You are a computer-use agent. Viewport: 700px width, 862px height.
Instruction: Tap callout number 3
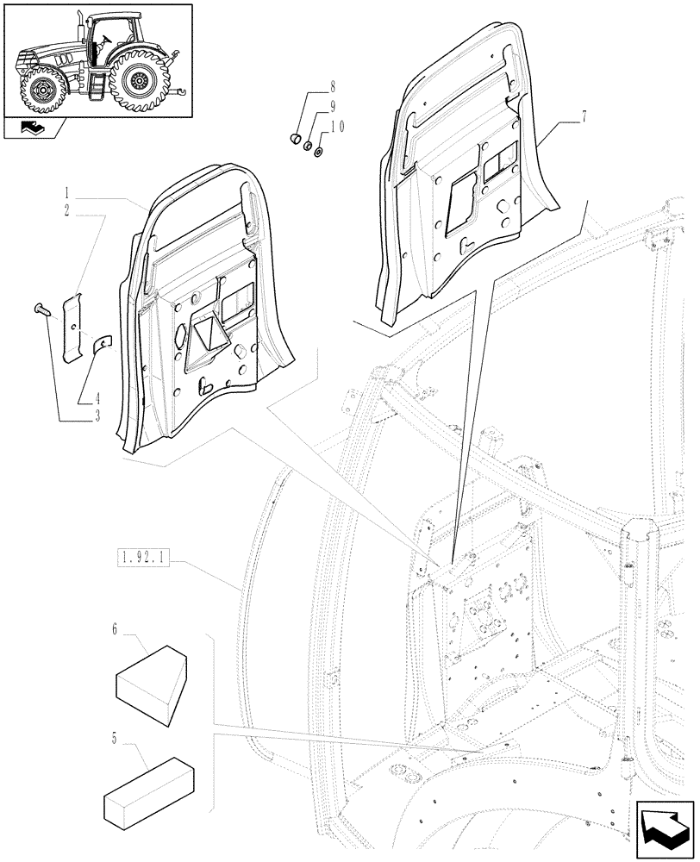tap(97, 416)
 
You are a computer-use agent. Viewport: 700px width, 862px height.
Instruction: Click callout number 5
tap(114, 738)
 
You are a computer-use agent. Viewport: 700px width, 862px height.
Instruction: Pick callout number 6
tap(114, 630)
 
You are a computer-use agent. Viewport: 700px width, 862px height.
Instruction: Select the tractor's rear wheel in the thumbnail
tap(138, 79)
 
